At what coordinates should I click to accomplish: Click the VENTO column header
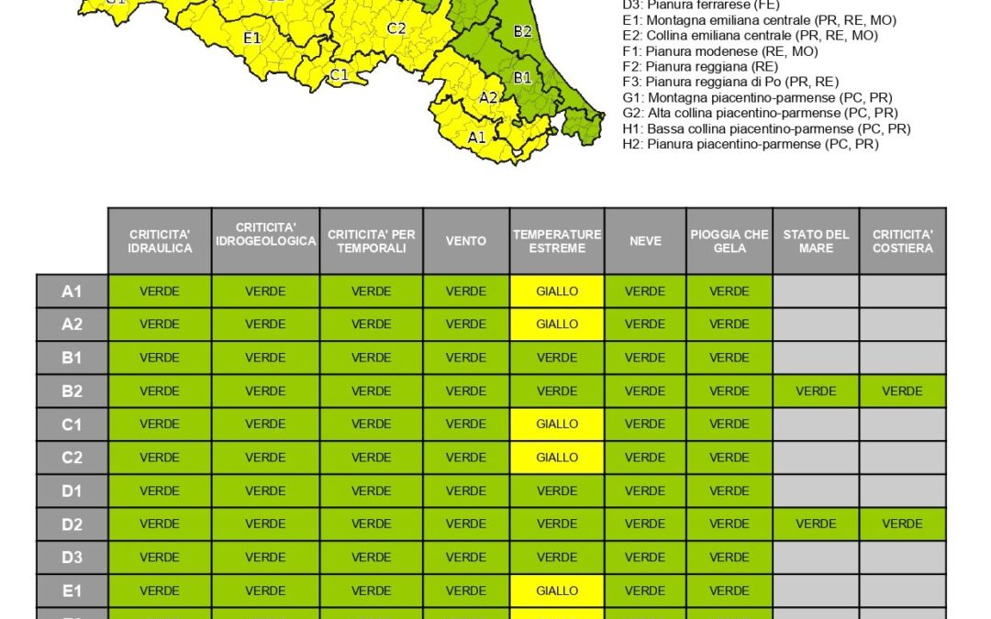click(x=466, y=241)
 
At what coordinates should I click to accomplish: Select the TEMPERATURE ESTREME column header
click(x=557, y=241)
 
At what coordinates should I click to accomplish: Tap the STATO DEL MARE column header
click(x=816, y=241)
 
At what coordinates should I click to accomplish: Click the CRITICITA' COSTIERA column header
click(x=903, y=241)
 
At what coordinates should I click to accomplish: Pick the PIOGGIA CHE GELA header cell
click(x=729, y=241)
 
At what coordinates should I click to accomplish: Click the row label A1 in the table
click(x=72, y=292)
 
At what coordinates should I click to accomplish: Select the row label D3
click(x=72, y=558)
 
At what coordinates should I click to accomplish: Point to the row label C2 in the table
click(x=72, y=458)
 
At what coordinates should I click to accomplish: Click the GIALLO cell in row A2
click(x=557, y=325)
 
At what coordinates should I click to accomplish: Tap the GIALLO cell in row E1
click(x=557, y=591)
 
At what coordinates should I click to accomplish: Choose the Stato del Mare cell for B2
click(x=816, y=392)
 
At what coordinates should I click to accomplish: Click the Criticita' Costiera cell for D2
click(x=903, y=525)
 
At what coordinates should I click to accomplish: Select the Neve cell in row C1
click(x=645, y=425)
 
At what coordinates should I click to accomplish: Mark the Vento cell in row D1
click(x=466, y=492)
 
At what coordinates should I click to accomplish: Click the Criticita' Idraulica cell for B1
click(x=160, y=358)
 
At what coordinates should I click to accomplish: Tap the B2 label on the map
click(x=522, y=31)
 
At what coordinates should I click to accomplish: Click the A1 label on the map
click(x=477, y=138)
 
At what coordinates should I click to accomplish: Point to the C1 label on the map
click(x=339, y=74)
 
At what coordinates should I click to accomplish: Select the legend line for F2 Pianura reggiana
click(x=712, y=67)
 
